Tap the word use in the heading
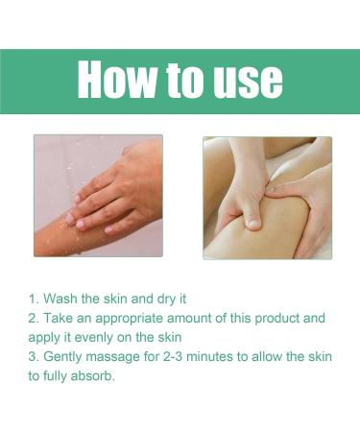pos(243,81)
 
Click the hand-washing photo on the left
pos(98,196)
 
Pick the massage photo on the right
pos(267,197)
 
